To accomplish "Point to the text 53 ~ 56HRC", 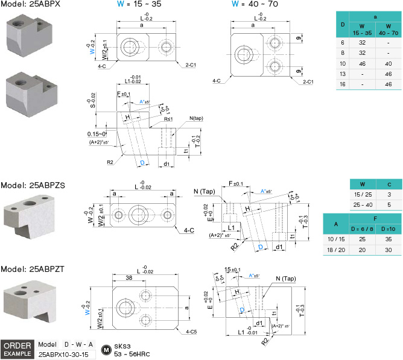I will click(x=132, y=355).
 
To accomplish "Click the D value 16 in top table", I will click(x=343, y=83).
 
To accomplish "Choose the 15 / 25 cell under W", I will click(x=363, y=195).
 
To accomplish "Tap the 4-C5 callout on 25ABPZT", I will click(x=193, y=332).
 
